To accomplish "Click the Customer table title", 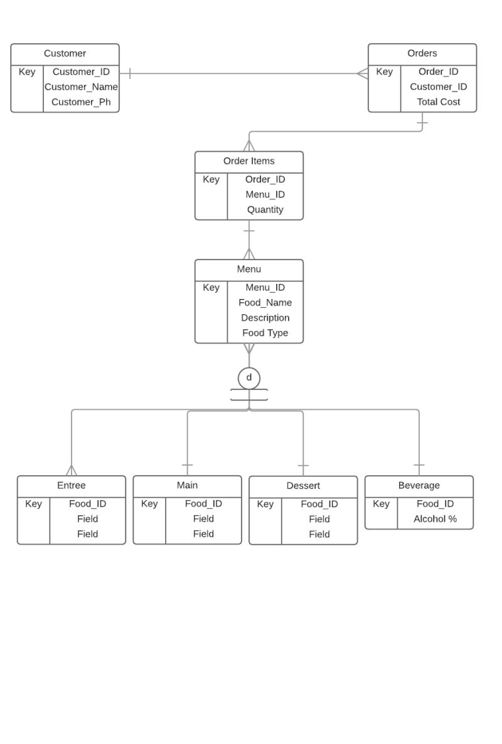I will (65, 54).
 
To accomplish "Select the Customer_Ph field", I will (81, 102).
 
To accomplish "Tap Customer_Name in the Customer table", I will (81, 87).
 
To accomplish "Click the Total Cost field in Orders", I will (438, 102).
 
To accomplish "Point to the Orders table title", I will (422, 54).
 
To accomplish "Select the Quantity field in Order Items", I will (265, 210).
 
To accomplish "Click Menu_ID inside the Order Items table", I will (265, 195).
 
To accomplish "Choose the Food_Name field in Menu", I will (265, 303).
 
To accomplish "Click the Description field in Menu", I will (265, 318).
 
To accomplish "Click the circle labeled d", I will (249, 378).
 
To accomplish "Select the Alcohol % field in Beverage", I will (435, 519).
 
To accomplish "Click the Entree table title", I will (71, 486).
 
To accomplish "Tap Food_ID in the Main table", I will (203, 504).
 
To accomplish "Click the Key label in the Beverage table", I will (381, 504).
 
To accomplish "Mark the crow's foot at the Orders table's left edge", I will (362, 74).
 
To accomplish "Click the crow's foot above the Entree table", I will (72, 469).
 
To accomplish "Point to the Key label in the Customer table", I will (27, 72).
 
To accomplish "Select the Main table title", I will (187, 486).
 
